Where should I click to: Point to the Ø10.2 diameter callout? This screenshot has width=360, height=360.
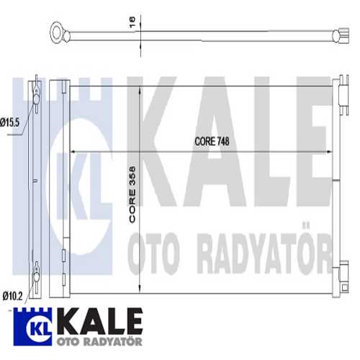[x=12, y=294]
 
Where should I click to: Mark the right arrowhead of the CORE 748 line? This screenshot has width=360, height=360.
[x=328, y=151]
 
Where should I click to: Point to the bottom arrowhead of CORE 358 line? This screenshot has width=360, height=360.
[x=140, y=289]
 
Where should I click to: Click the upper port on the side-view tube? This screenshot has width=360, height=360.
[x=35, y=93]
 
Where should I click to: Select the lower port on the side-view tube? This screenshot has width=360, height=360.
[x=35, y=274]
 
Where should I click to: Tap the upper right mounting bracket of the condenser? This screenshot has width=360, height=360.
[x=337, y=90]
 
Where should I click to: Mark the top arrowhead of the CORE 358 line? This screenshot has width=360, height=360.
[x=140, y=88]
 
